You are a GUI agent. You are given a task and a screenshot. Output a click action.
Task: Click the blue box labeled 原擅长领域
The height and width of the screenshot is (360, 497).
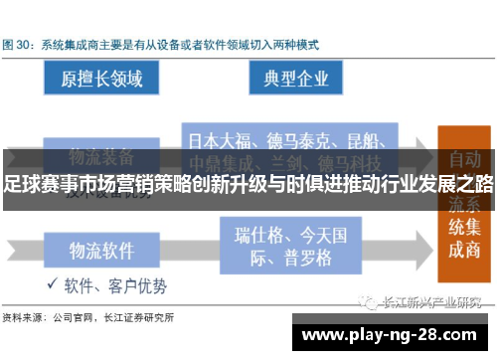pos(101,77)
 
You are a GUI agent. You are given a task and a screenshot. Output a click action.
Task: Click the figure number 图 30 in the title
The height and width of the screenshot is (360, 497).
pos(19,45)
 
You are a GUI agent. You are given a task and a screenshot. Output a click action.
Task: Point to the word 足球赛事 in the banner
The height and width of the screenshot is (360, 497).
pos(35,184)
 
